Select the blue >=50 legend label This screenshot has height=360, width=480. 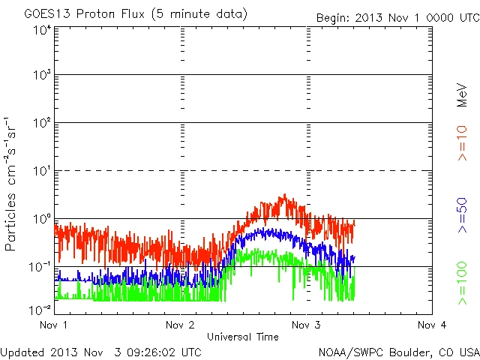pyautogui.click(x=463, y=217)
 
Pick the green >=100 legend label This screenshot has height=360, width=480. pyautogui.click(x=463, y=283)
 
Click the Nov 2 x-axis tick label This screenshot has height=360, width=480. pyautogui.click(x=181, y=325)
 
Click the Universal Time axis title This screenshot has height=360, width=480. pyautogui.click(x=243, y=337)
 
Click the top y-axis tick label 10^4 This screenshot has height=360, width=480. pyautogui.click(x=42, y=30)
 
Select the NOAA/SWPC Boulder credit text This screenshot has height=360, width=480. pyautogui.click(x=398, y=351)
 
